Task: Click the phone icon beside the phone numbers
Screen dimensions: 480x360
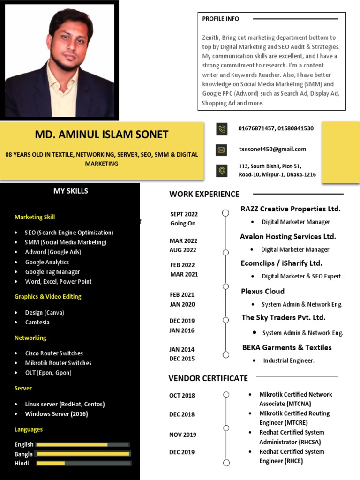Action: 222,129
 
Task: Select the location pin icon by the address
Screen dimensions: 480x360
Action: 222,171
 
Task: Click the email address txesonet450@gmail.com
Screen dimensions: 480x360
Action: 272,149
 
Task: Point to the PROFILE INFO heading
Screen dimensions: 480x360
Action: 220,19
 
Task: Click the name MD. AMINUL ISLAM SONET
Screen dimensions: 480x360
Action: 101,135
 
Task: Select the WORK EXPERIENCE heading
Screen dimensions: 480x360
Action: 204,194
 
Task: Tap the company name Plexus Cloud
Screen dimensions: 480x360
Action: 262,291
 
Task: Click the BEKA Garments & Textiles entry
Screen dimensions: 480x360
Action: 286,347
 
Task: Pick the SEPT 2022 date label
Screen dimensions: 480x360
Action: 184,214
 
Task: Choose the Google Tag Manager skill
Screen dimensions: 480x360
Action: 52,272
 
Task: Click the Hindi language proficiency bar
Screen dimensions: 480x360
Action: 83,463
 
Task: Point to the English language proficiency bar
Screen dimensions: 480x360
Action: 82,444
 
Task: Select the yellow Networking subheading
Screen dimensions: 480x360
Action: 30,337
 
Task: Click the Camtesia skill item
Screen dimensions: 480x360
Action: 37,322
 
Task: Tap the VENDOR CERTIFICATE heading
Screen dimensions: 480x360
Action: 208,378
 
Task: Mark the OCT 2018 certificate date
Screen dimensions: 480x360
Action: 182,395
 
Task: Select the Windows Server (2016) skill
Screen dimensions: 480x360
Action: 56,414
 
